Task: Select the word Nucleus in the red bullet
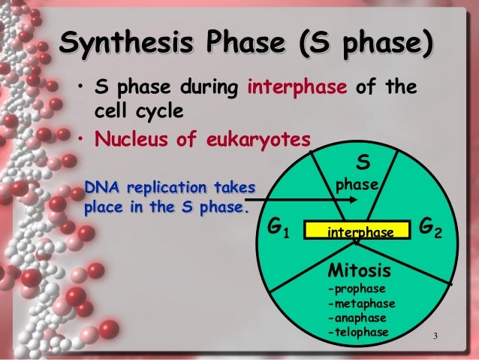click(126, 139)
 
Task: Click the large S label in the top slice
click(361, 162)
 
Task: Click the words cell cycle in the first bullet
click(138, 112)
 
